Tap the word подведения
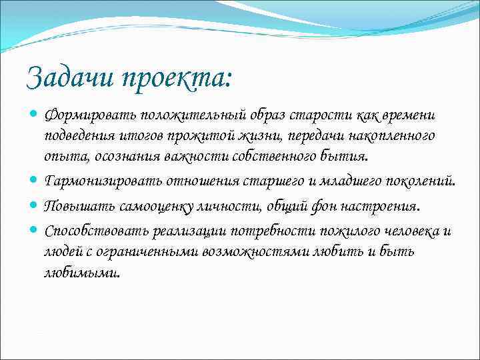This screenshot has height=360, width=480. click(75, 137)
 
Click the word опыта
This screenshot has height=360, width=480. click(61, 157)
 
